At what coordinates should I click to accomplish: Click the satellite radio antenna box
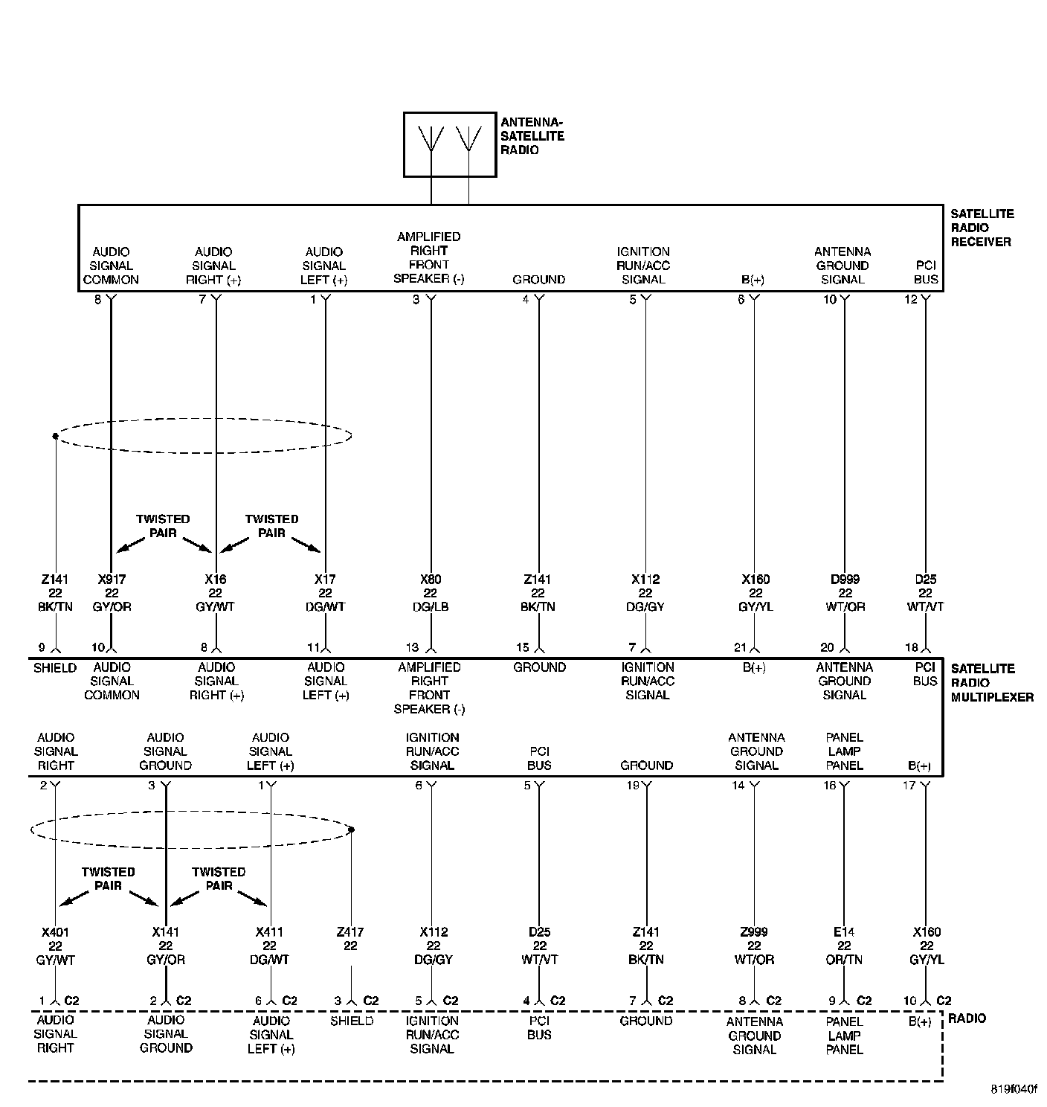coord(449,144)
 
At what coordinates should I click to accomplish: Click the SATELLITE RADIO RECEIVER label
coord(981,228)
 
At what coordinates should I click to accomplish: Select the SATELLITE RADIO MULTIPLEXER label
coord(991,683)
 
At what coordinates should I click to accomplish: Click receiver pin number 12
coord(911,300)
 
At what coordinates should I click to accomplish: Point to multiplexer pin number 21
coord(741,647)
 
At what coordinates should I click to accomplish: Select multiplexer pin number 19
coord(632,786)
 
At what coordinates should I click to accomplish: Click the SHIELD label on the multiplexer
coord(55,668)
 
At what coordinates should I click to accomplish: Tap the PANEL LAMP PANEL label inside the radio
coord(844,1035)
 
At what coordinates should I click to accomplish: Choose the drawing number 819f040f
coord(1013,1089)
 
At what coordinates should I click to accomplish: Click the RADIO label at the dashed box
coord(967,1018)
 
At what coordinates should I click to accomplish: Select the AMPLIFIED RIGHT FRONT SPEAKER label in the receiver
coord(429,257)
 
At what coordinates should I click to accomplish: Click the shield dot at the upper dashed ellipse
coord(55,436)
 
